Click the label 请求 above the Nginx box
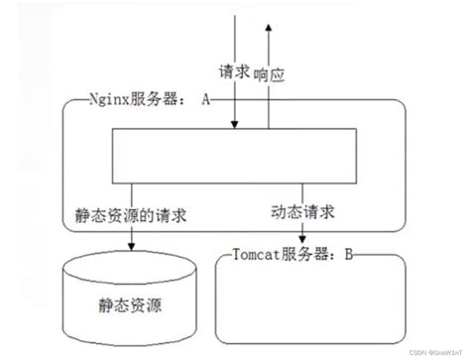point(233,72)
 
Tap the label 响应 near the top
point(271,72)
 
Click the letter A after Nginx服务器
point(205,99)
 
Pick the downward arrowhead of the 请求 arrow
point(235,124)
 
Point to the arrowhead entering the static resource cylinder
point(131,248)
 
